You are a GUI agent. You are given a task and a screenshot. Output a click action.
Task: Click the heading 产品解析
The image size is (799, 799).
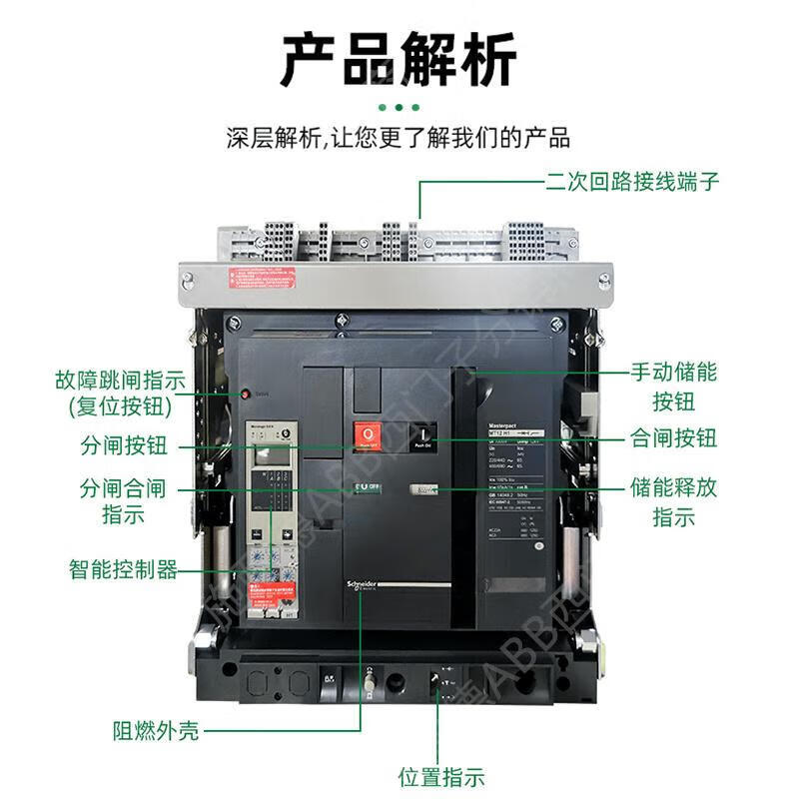(399, 61)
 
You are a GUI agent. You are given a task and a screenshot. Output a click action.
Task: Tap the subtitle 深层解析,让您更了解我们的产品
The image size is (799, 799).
(399, 137)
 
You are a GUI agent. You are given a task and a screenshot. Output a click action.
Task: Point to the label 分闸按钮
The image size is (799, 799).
(123, 445)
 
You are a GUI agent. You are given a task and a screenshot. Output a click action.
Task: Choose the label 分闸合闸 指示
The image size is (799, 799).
(123, 502)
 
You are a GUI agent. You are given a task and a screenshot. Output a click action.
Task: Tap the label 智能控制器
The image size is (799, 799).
(123, 570)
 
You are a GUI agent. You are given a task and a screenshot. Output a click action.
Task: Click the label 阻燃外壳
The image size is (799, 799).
(155, 731)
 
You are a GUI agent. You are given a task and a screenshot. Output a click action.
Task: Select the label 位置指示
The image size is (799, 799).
(440, 777)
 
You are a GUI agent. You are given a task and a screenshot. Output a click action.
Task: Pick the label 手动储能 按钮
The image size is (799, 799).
(672, 387)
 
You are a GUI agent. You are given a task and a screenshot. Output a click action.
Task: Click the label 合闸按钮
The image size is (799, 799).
(672, 437)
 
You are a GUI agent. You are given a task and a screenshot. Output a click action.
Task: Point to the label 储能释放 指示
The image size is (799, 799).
(672, 502)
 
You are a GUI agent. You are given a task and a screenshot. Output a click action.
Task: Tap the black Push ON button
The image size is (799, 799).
(422, 436)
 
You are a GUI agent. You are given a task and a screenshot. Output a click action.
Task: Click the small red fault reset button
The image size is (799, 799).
(244, 394)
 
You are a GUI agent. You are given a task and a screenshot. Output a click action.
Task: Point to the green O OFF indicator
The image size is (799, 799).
(367, 486)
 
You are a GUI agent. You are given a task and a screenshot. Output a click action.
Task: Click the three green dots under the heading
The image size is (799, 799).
(399, 106)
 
